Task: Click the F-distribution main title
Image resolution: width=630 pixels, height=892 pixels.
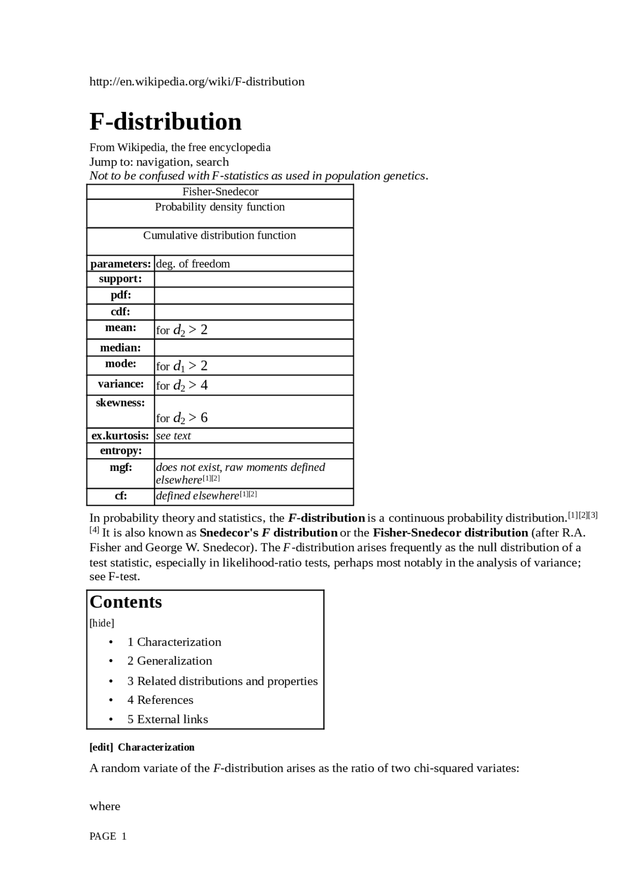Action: click(165, 122)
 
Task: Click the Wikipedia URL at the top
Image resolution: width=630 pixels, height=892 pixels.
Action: click(197, 82)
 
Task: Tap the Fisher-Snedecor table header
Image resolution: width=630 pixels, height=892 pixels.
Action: click(220, 192)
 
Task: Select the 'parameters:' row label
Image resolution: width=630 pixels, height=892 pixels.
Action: click(121, 264)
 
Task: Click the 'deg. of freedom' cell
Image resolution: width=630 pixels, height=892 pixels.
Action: click(193, 264)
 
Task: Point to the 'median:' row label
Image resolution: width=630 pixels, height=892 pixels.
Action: click(121, 348)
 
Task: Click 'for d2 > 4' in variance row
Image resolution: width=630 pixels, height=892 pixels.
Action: click(182, 385)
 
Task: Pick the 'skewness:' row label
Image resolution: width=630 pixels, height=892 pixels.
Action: click(121, 403)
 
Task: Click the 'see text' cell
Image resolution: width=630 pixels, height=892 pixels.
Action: click(173, 435)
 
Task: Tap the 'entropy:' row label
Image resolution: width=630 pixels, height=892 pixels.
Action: click(121, 451)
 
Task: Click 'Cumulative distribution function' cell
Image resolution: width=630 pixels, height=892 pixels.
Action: click(220, 235)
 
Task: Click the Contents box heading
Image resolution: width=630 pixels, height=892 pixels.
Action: click(126, 602)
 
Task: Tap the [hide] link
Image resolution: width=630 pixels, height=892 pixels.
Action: click(102, 623)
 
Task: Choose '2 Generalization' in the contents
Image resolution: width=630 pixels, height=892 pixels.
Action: click(170, 661)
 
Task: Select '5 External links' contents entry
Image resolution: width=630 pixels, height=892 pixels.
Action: click(168, 719)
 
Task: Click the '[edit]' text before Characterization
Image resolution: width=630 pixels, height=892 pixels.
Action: click(101, 747)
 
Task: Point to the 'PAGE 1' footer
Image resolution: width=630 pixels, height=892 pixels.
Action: click(108, 836)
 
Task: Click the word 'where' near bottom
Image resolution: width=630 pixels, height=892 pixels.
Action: click(105, 806)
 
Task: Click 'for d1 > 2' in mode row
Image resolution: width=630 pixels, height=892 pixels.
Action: click(182, 366)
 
